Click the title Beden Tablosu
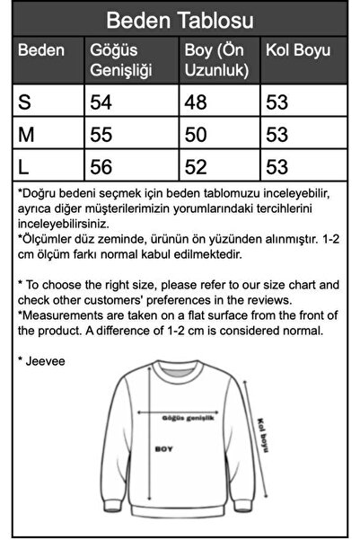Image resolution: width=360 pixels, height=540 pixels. [180, 20]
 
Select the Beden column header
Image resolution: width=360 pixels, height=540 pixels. [41, 49]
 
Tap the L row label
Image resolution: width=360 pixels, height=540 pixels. [24, 165]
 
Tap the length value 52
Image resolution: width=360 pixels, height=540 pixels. [194, 165]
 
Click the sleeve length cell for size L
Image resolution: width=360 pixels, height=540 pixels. [277, 165]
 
